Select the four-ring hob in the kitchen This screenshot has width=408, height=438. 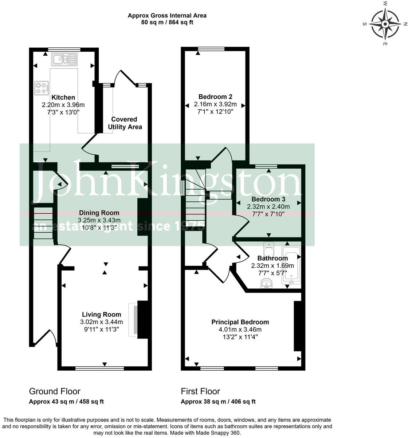[x=41, y=88]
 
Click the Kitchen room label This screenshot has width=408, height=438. [x=63, y=97]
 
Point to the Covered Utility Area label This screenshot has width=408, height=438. [x=124, y=123]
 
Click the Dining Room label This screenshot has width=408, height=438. [x=99, y=213]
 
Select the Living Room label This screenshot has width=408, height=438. [x=101, y=315]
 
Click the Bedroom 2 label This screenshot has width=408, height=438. [x=215, y=96]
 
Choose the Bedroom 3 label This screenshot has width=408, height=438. [x=268, y=199]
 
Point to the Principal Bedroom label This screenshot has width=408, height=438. [x=240, y=322]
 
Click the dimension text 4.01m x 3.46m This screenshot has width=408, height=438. [x=240, y=330]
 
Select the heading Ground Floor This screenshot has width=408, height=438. [x=55, y=391]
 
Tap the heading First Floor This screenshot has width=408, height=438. [x=200, y=391]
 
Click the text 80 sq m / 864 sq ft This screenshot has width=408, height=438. [x=167, y=22]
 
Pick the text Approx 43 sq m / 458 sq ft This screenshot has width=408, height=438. [x=66, y=402]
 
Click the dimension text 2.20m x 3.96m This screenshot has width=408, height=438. [x=63, y=105]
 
